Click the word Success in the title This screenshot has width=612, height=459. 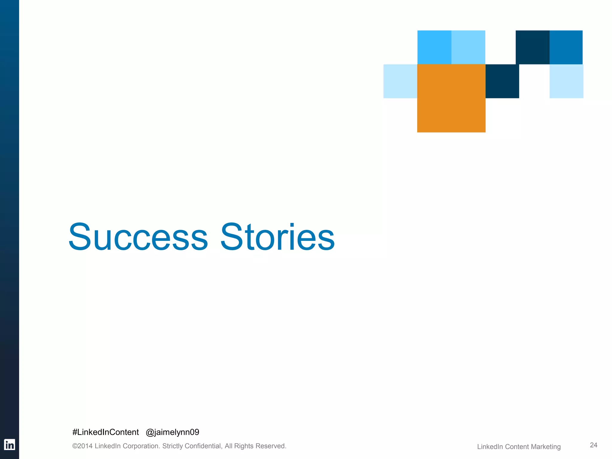coord(138,237)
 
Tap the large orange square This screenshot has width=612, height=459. coord(451,98)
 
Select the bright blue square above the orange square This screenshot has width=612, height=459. coord(434,47)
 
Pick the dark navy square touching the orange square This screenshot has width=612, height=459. coord(502,81)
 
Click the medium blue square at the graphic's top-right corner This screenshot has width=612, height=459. coord(566,47)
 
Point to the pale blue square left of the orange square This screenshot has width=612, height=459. coord(400,81)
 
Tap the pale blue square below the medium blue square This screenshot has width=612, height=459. coord(566,81)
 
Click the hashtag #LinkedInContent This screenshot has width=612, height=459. coord(105,432)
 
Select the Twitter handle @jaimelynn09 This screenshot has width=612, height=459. coord(172,432)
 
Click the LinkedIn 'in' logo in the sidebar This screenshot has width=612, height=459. coord(9,445)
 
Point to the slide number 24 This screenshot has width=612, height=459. coord(593,445)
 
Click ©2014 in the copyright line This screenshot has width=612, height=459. coord(82,446)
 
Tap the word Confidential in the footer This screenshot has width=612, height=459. coord(203,446)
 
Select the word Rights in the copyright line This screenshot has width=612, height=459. coord(244,446)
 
